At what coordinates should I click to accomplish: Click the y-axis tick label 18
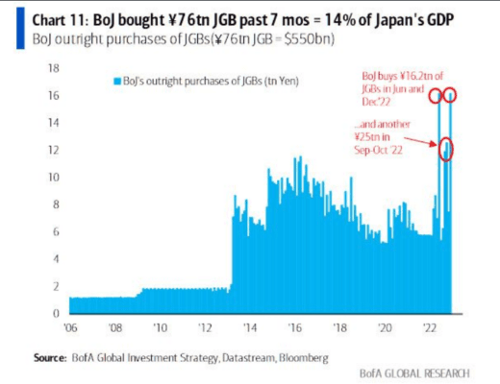(x=54, y=68)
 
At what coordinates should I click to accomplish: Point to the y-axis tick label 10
(x=54, y=178)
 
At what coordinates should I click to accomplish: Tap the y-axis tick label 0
(x=57, y=313)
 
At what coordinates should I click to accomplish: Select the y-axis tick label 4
(x=57, y=259)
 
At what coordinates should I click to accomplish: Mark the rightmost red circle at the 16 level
(x=449, y=95)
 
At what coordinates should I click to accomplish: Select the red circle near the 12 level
(x=445, y=150)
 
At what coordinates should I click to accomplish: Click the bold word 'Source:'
(x=53, y=356)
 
